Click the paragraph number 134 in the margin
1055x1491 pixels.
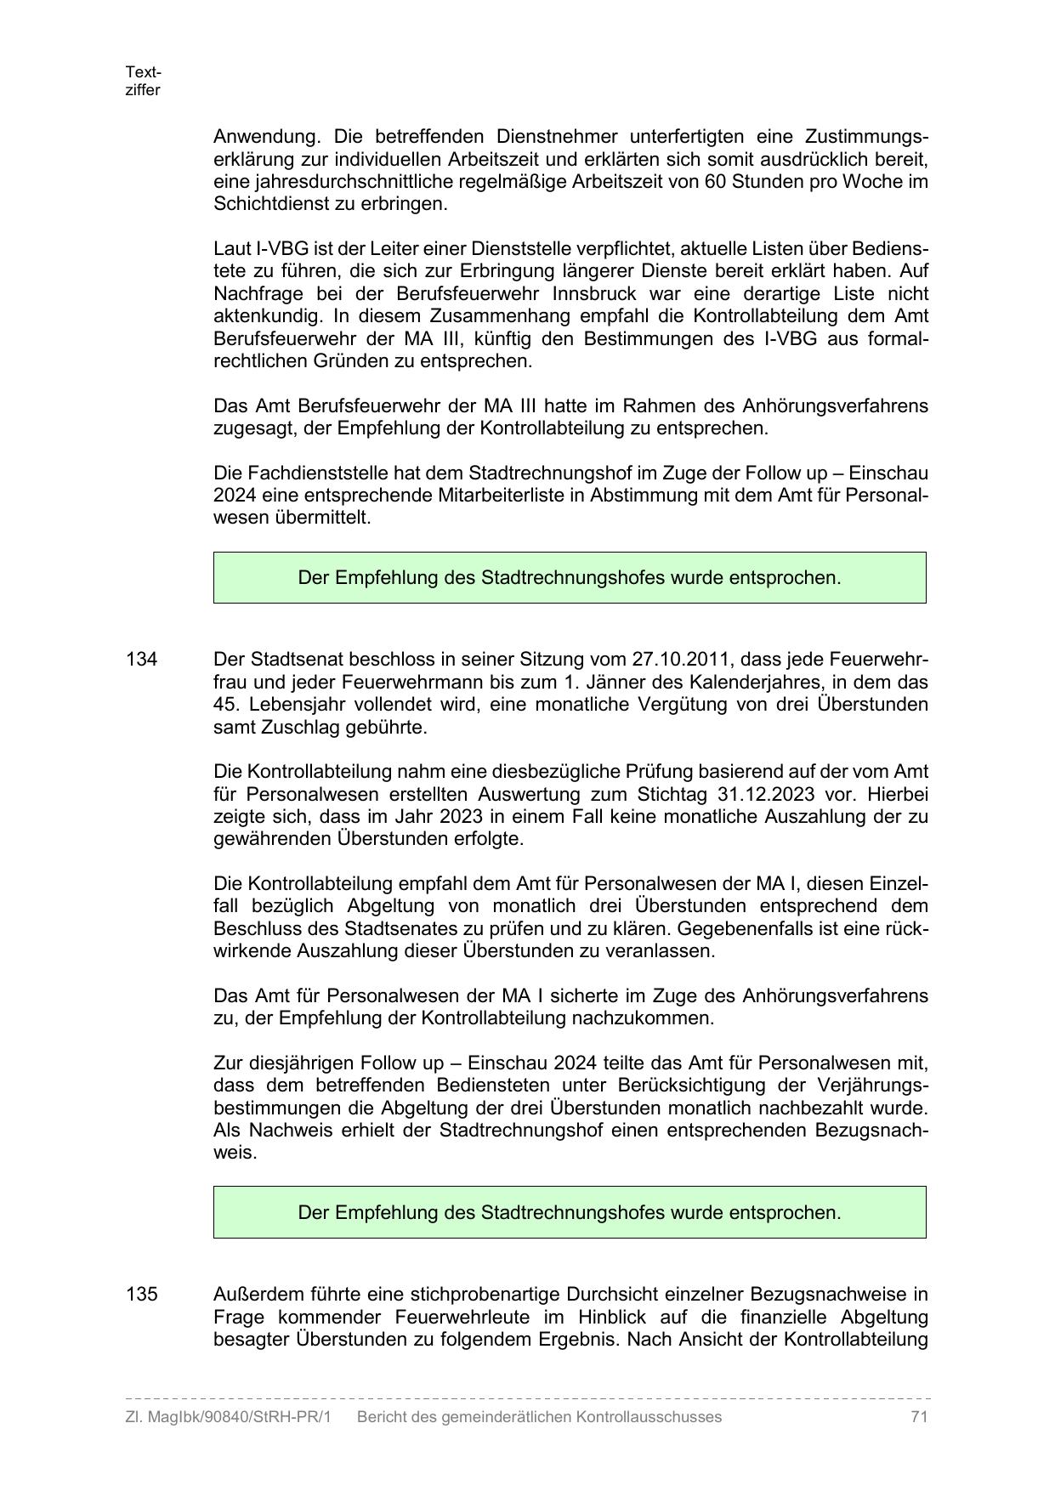point(141,660)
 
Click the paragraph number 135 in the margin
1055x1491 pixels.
point(141,1295)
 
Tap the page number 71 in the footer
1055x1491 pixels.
point(918,1417)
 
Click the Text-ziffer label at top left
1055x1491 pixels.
point(143,81)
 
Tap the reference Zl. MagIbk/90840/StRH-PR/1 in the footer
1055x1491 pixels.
point(228,1417)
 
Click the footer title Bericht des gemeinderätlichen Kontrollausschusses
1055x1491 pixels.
point(539,1417)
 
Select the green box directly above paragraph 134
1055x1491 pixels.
point(570,578)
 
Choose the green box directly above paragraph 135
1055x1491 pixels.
point(570,1212)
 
